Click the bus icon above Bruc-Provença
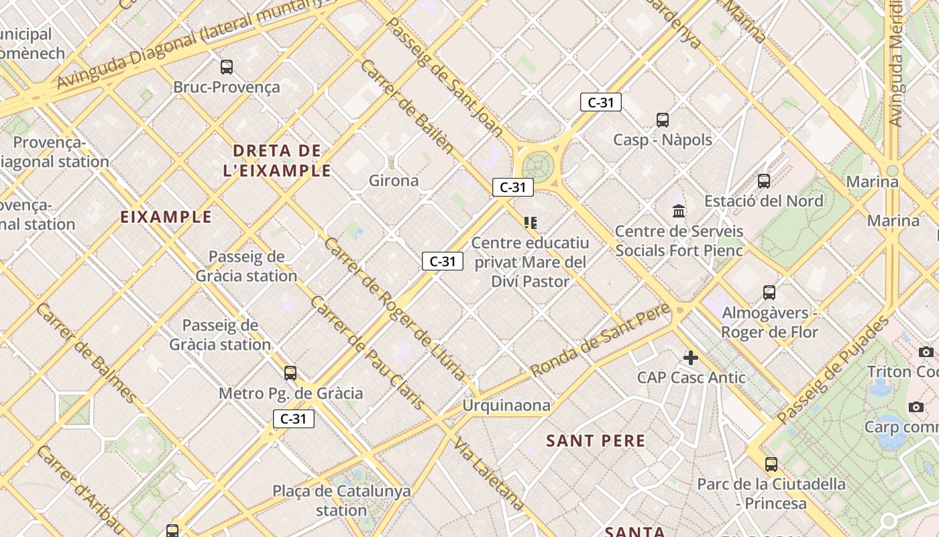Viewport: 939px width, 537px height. pyautogui.click(x=227, y=67)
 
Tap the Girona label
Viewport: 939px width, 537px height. pyautogui.click(x=394, y=181)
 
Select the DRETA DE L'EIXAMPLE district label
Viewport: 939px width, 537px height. pyautogui.click(x=277, y=160)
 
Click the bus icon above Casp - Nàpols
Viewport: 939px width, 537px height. pyautogui.click(x=663, y=120)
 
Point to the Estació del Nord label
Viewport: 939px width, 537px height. pyautogui.click(x=763, y=201)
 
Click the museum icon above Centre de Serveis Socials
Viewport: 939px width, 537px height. pyautogui.click(x=679, y=211)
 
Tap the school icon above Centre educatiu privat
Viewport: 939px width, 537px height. pyautogui.click(x=531, y=222)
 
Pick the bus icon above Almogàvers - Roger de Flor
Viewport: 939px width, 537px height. pyautogui.click(x=769, y=293)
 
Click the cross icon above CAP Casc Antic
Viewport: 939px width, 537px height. pyautogui.click(x=691, y=357)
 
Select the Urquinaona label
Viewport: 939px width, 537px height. pyautogui.click(x=506, y=405)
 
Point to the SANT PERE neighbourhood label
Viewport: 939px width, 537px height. pyautogui.click(x=596, y=441)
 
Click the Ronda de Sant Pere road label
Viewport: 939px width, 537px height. pyautogui.click(x=600, y=340)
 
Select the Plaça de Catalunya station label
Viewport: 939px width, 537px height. pyautogui.click(x=341, y=500)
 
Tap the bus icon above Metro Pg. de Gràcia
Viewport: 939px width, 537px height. pyautogui.click(x=290, y=373)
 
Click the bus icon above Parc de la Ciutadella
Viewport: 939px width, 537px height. pyautogui.click(x=771, y=464)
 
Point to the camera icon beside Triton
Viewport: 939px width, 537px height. pyautogui.click(x=926, y=352)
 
